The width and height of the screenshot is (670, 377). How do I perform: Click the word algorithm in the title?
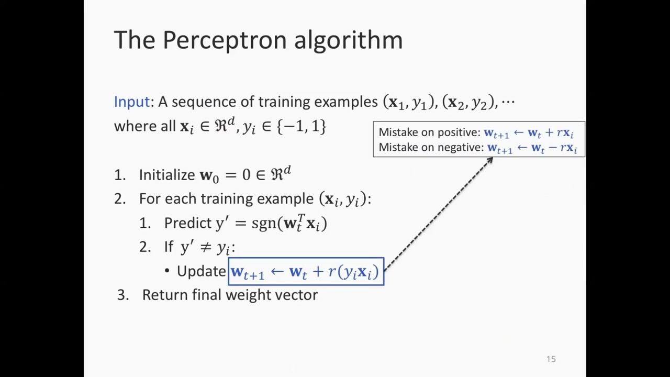coord(348,40)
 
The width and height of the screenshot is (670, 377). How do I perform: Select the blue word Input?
coord(132,102)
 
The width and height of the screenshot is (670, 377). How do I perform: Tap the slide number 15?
coord(551,359)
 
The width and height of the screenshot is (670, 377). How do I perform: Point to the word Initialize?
coord(166,175)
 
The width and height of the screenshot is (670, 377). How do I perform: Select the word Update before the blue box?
coord(201,271)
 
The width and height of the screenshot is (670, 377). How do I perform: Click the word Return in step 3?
coord(165,295)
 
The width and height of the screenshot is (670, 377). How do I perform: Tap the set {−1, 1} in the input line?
coord(301,126)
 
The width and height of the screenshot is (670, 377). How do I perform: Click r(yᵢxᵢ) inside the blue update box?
coord(353,272)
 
